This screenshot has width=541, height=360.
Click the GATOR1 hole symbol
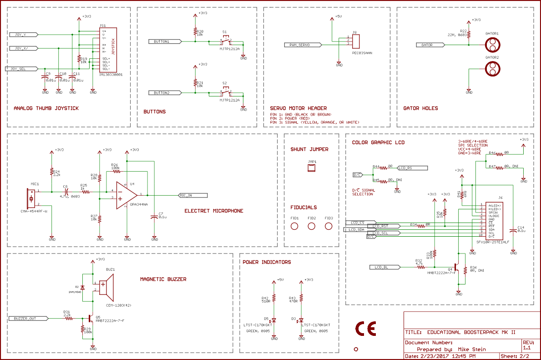[492, 45]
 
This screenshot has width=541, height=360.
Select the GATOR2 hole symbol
[492, 69]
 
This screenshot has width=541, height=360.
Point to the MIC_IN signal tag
[192, 195]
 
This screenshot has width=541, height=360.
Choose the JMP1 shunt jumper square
[312, 168]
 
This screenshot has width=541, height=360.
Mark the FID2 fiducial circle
[312, 226]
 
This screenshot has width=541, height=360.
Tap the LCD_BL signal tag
[385, 267]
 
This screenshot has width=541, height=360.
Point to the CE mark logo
[366, 330]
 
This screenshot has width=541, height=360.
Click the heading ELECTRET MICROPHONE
[214, 211]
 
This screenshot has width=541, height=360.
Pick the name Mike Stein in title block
[472, 350]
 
